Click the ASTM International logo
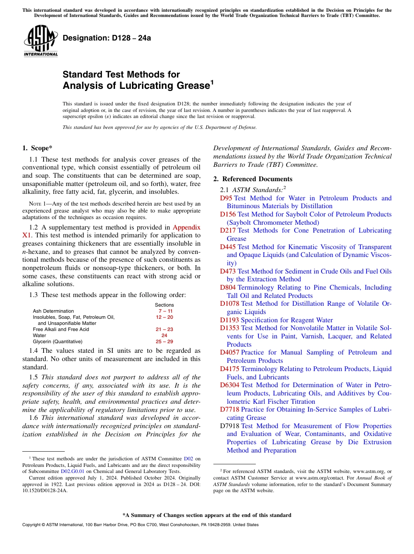40,41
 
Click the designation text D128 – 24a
107,38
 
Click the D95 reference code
226,198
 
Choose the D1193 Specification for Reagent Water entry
276,320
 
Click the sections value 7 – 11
164,311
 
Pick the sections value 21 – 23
164,329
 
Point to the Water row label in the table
39,335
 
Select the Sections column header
164,305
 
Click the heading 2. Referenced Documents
253,179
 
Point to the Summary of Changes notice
207,515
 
